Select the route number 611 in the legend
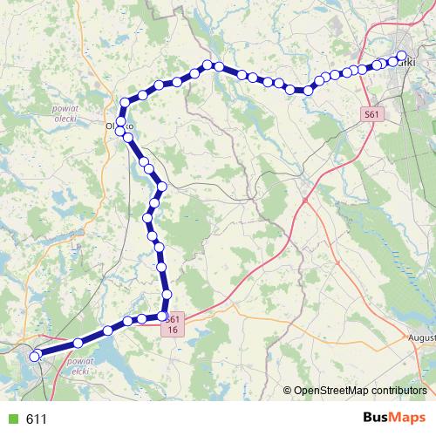click(x=37, y=419)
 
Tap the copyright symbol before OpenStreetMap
click(x=288, y=391)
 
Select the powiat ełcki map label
click(x=80, y=364)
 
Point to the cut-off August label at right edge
click(x=421, y=337)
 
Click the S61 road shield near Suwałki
click(x=373, y=113)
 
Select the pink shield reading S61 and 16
click(x=174, y=324)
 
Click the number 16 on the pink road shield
click(x=174, y=330)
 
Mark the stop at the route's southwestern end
click(x=36, y=355)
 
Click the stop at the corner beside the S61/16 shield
click(x=163, y=315)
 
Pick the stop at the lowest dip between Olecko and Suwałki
click(x=308, y=89)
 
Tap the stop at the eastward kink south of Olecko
click(x=161, y=187)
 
